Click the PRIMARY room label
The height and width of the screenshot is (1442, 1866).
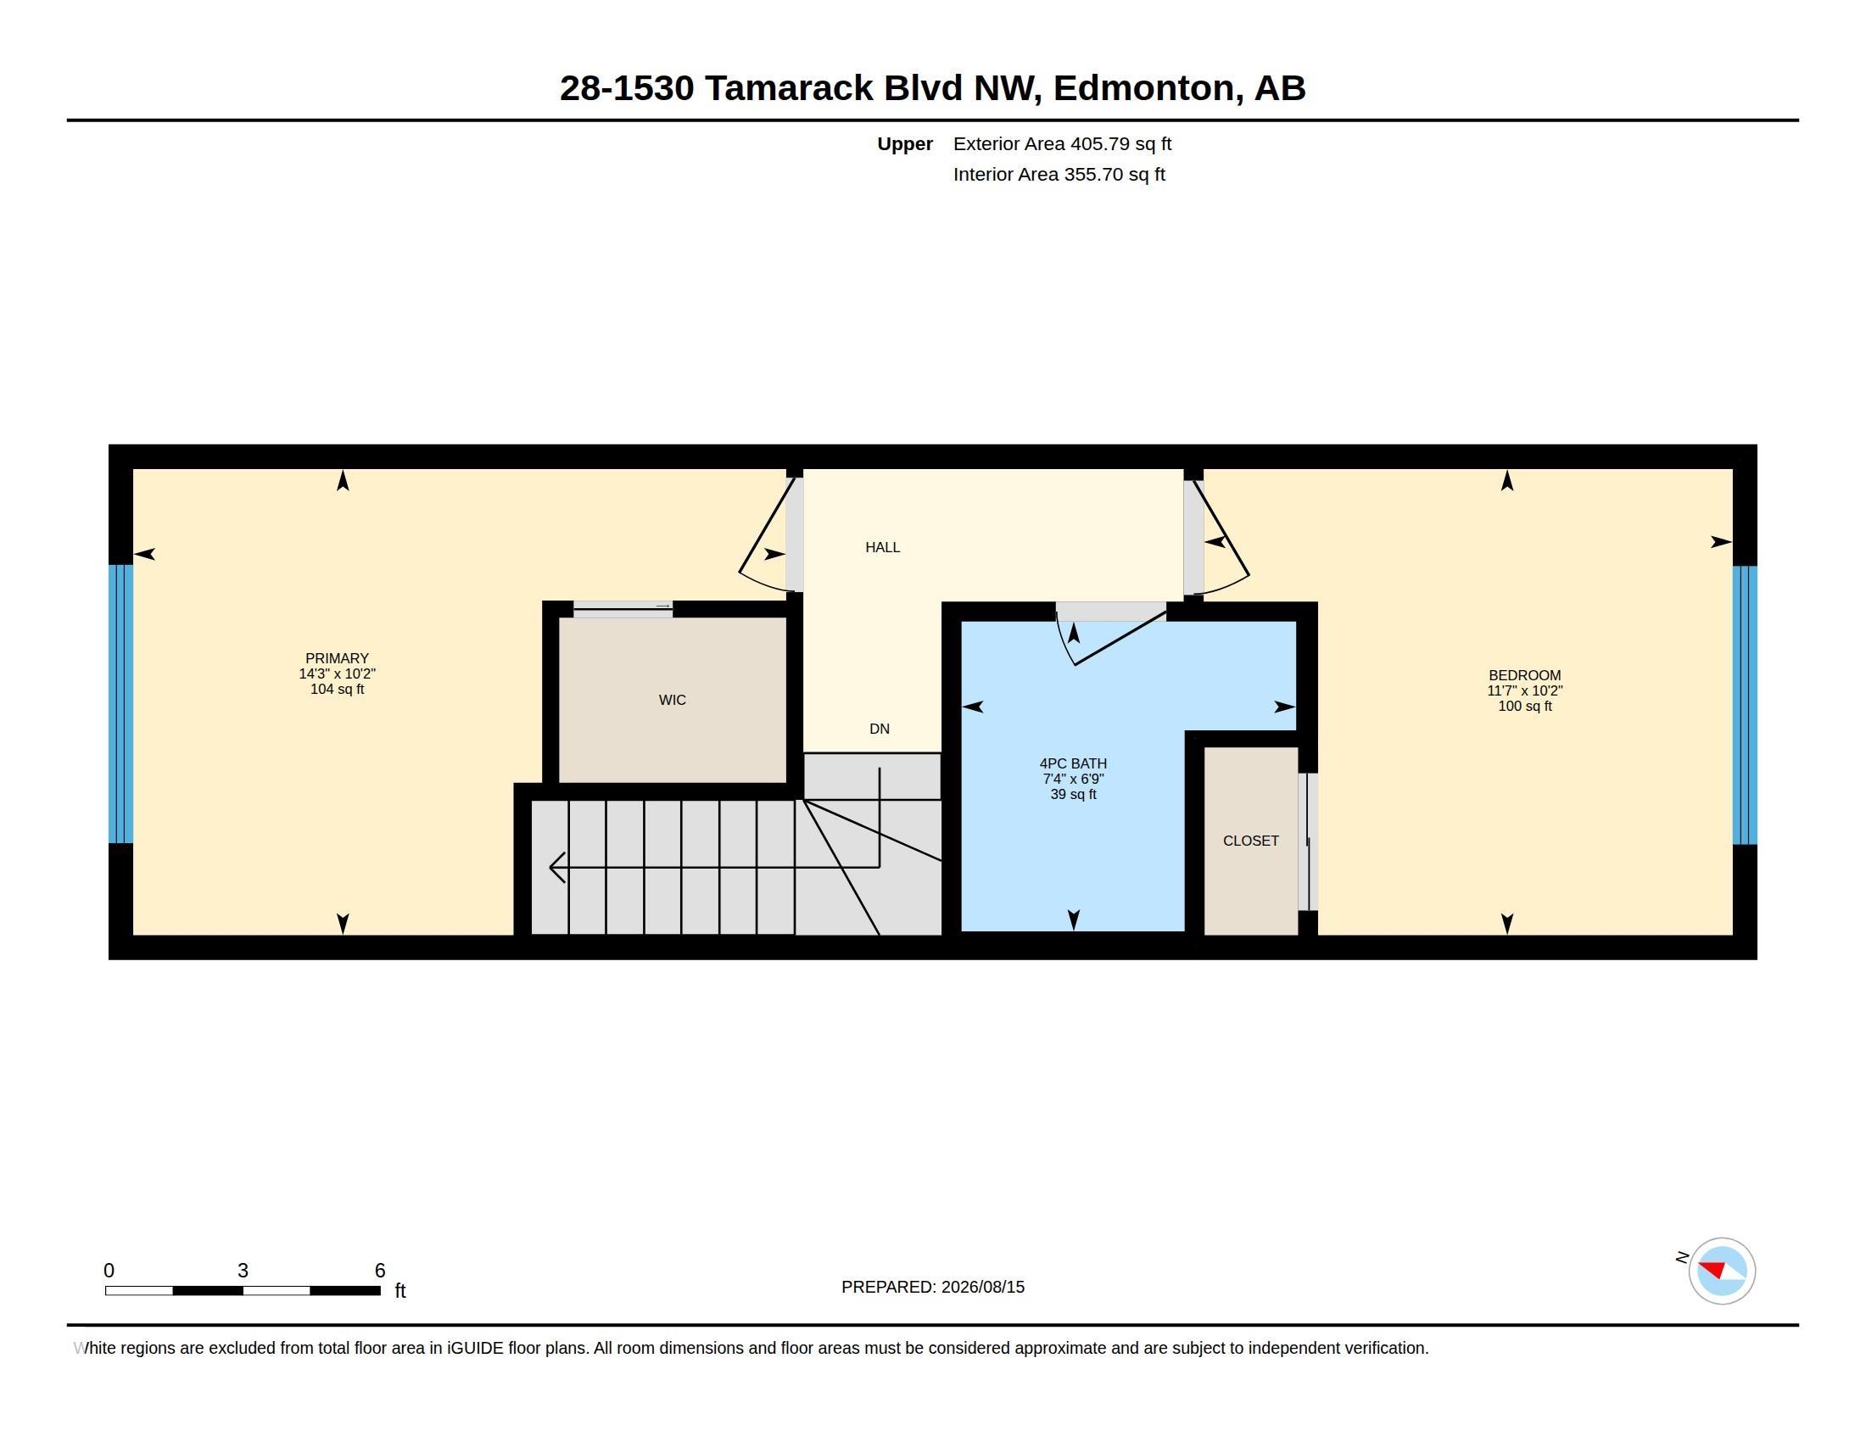point(337,657)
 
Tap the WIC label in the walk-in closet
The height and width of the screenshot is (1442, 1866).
point(673,700)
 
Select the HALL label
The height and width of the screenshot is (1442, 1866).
point(883,547)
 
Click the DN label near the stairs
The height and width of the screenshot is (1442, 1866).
point(880,729)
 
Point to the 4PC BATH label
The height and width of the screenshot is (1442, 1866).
point(1073,763)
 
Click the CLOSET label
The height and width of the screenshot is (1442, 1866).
point(1251,841)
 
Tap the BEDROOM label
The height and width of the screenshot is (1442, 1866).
point(1524,675)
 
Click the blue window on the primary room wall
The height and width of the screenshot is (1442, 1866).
point(121,704)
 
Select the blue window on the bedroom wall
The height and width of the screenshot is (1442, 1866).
point(1745,705)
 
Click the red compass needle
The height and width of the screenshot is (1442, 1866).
point(1712,1268)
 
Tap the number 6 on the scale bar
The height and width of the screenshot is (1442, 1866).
point(380,1271)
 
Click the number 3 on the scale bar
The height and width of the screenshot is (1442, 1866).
point(243,1271)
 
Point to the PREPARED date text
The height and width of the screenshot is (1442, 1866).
point(933,1287)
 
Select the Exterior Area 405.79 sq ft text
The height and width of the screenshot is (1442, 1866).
point(1062,143)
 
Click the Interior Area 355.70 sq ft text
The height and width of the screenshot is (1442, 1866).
point(1059,174)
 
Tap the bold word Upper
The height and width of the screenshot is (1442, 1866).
point(905,144)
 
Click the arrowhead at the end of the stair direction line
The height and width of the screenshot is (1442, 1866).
point(556,867)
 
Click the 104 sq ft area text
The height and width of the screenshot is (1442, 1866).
point(337,689)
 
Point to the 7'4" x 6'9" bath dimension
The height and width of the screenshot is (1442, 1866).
point(1073,778)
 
